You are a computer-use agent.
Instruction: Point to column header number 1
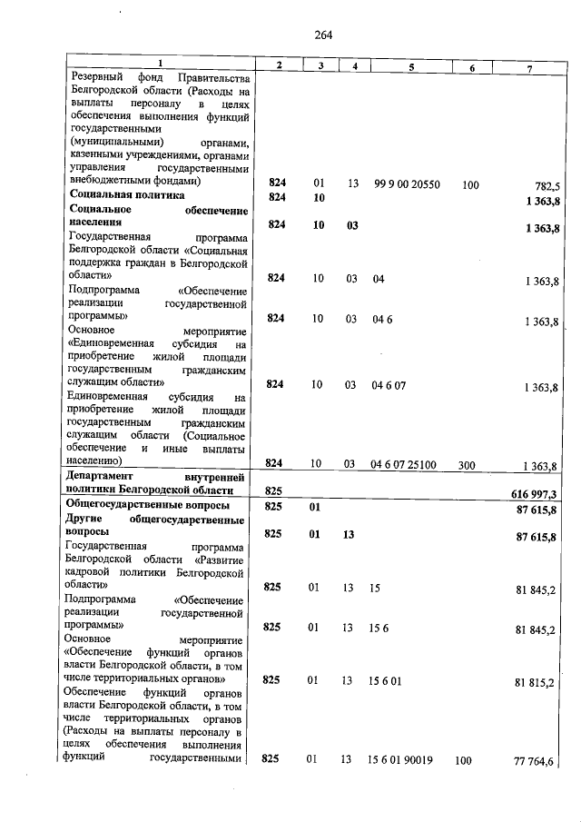pos(160,63)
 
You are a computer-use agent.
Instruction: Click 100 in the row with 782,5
pos(470,185)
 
